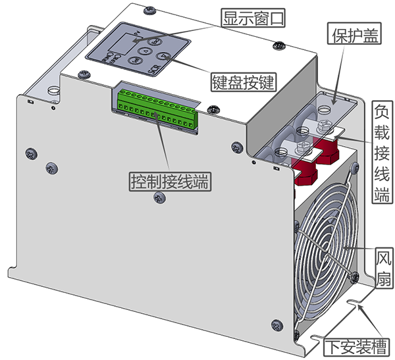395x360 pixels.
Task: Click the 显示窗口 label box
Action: click(x=253, y=18)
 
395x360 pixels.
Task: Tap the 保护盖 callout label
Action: click(x=354, y=34)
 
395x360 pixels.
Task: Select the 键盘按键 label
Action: click(x=244, y=82)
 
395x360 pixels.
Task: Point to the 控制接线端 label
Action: click(x=170, y=182)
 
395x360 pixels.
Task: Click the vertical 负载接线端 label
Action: click(x=382, y=151)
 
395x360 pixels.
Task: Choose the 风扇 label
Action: click(x=384, y=268)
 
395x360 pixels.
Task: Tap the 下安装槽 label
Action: click(x=356, y=347)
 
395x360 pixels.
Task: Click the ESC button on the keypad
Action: click(x=153, y=41)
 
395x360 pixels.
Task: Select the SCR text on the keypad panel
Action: click(x=153, y=69)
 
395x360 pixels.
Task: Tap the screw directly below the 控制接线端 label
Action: click(x=160, y=197)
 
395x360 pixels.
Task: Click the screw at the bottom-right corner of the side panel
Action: click(x=277, y=325)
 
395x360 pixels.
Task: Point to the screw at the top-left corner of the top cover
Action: click(x=150, y=11)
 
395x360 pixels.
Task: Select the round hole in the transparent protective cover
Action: click(x=325, y=109)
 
